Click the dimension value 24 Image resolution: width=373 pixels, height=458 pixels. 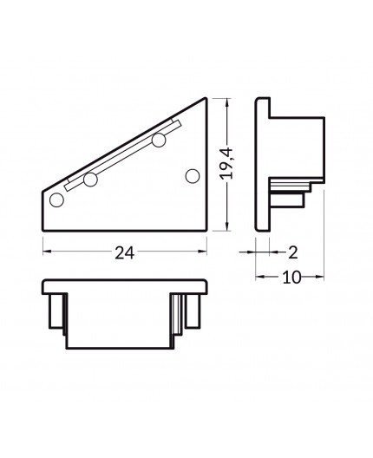(x=125, y=253)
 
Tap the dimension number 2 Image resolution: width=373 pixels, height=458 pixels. (x=292, y=252)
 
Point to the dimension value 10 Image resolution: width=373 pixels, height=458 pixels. (x=290, y=278)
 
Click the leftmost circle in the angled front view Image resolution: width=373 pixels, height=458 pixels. (x=56, y=200)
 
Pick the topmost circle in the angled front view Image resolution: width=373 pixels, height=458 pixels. (x=159, y=140)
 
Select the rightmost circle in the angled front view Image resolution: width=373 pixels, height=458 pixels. (x=193, y=175)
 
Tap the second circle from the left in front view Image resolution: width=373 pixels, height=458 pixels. (x=88, y=181)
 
